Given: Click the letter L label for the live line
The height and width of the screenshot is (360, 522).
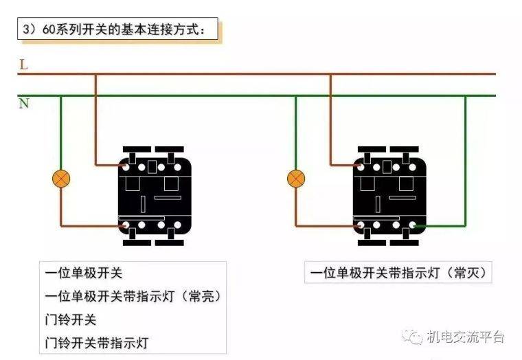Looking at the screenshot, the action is [x=23, y=65].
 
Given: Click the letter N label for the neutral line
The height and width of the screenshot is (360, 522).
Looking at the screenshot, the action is [x=24, y=104].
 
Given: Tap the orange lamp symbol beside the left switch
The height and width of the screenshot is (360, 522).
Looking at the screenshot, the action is [x=61, y=179].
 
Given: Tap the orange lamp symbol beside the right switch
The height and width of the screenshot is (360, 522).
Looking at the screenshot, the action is [x=295, y=179].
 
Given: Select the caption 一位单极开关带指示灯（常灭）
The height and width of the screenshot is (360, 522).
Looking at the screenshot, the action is [x=398, y=273].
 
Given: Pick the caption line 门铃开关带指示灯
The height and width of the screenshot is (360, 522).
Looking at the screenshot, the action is [x=97, y=343].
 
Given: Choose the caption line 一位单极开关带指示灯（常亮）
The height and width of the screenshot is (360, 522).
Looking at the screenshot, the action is [x=133, y=296].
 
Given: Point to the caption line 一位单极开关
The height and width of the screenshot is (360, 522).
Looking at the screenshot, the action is [x=84, y=273].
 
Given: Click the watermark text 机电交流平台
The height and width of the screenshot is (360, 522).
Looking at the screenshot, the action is [x=466, y=337].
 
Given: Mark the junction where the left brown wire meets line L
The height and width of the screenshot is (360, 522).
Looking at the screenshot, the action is [x=96, y=74].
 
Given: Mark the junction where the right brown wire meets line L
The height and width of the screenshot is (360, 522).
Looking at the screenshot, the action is [x=330, y=74].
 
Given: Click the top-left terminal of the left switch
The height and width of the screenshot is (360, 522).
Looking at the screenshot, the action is [x=126, y=166].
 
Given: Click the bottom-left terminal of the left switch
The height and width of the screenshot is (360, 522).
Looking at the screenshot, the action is [x=126, y=225].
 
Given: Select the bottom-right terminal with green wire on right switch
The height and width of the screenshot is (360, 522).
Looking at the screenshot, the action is [x=413, y=225].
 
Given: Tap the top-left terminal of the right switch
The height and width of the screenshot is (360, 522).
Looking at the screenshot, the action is [x=361, y=166].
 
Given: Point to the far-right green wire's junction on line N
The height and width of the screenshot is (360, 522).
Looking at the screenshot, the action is [x=465, y=96].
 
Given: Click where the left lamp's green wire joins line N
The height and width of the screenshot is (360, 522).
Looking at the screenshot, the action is [x=60, y=96].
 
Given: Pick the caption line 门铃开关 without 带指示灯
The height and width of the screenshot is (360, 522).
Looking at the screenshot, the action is [x=71, y=319].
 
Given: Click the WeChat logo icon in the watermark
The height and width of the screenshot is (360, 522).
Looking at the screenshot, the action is [x=412, y=337].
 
